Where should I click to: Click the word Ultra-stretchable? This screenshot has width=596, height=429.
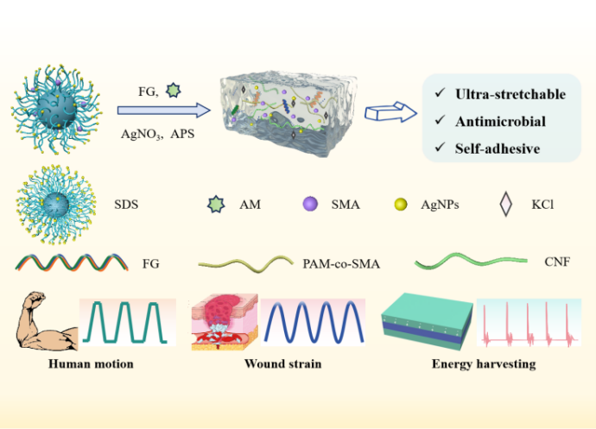510,93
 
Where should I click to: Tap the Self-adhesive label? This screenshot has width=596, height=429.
498,148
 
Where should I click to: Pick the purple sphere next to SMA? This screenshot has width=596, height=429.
310,205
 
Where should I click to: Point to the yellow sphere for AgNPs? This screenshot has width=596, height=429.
400,205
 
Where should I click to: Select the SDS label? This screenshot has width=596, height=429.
125,205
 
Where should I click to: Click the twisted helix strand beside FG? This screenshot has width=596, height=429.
68,261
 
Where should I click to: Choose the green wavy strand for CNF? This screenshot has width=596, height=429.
471,260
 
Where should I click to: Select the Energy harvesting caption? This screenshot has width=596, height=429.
483,364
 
